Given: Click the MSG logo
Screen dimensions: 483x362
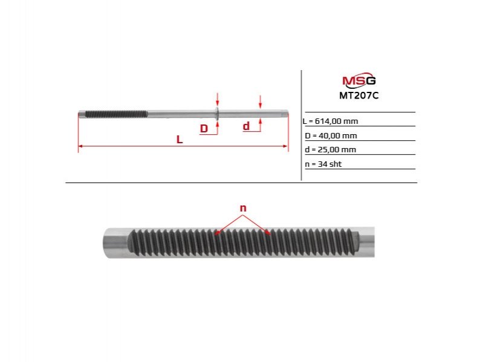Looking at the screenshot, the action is click(x=359, y=80).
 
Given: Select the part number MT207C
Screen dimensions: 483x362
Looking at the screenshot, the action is click(x=359, y=95).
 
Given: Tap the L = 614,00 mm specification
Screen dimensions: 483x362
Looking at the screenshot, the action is click(x=330, y=121).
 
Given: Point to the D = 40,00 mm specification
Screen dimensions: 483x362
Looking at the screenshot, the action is click(x=331, y=136).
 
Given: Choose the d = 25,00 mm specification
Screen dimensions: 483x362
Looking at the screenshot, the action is click(x=330, y=150).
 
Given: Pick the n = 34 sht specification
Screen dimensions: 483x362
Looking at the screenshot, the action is click(x=323, y=164).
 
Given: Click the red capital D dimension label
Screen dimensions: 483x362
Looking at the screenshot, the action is click(x=204, y=129).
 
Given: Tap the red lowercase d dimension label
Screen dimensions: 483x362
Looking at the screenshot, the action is click(x=246, y=126).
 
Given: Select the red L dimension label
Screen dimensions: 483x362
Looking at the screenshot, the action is click(x=180, y=140).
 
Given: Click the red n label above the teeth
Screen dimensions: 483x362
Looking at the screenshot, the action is click(x=243, y=208).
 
